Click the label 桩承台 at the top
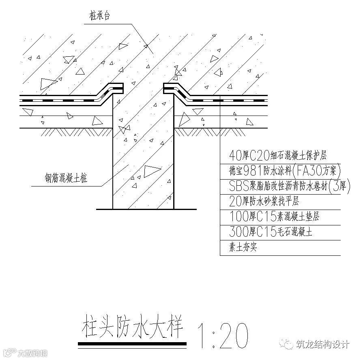[x=100, y=16]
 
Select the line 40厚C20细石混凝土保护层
[x=277, y=155]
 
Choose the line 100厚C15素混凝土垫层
[x=274, y=216]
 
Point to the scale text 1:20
[x=222, y=336]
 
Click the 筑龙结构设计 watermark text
[x=323, y=344]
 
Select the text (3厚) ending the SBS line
[x=338, y=185]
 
